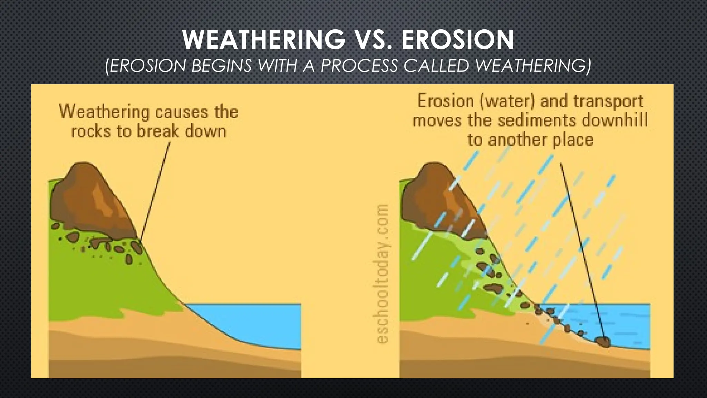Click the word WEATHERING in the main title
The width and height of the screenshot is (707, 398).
pos(264,40)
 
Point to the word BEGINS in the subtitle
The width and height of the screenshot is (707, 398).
pos(221,65)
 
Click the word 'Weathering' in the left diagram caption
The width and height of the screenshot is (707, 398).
pos(104,112)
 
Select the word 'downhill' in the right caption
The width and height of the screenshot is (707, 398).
pos(614,121)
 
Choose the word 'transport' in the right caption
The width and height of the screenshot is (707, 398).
pos(608,101)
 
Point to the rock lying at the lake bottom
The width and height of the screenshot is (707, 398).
pos(603,342)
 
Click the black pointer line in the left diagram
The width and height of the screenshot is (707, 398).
pos(155,190)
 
